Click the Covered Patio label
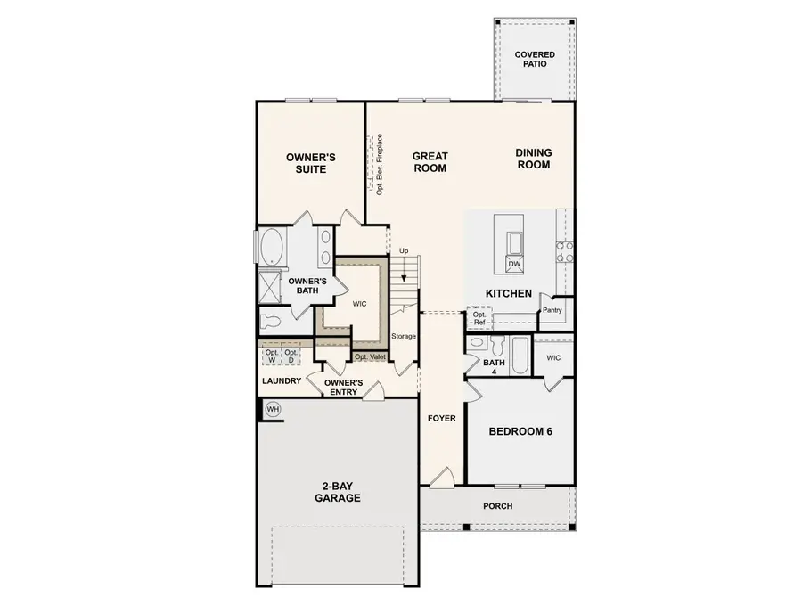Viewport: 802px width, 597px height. pos(535,60)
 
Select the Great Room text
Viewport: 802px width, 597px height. pos(430,162)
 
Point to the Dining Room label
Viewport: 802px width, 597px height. pos(533,159)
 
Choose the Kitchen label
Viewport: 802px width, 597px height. pos(508,293)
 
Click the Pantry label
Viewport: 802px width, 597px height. pos(552,310)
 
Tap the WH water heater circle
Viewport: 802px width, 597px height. pos(273,409)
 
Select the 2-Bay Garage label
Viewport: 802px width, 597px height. pos(336,492)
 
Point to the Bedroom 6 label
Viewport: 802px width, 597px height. pos(520,431)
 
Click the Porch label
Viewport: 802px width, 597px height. pos(497,506)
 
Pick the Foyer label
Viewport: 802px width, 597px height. pos(441,418)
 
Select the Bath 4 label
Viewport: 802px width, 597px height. pos(494,367)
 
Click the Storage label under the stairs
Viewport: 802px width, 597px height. pos(404,336)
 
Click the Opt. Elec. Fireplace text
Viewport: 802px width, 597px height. pos(380,165)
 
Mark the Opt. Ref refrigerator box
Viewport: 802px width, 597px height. pos(479,318)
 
